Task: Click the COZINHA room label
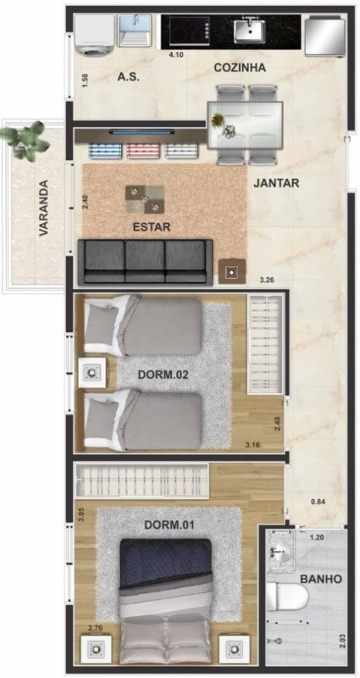(240, 68)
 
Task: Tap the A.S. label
(129, 77)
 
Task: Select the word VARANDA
(43, 208)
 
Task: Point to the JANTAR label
(276, 183)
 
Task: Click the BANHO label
(321, 579)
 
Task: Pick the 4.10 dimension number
(175, 55)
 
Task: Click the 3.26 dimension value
(267, 281)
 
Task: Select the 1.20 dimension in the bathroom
(317, 538)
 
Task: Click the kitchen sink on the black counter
(250, 31)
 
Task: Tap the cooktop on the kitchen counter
(190, 31)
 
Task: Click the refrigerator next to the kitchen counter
(325, 36)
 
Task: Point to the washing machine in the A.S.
(94, 36)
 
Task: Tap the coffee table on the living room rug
(145, 199)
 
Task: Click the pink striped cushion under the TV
(143, 150)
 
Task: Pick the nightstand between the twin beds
(92, 372)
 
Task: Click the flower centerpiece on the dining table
(224, 125)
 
